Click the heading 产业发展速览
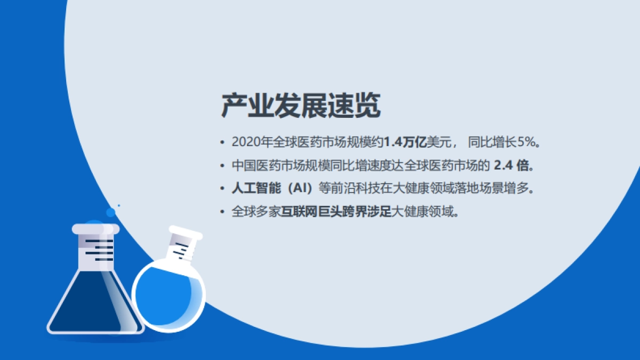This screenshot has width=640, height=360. click(301, 106)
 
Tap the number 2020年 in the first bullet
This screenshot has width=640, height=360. click(252, 142)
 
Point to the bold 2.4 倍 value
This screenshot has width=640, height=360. click(512, 165)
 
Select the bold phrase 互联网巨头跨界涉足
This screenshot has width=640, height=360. click(337, 211)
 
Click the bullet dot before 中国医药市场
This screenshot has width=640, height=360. click(222, 166)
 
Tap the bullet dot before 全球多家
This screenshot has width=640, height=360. click(222, 212)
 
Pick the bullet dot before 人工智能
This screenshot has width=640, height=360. click(222, 189)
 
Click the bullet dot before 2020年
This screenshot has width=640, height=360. click(222, 143)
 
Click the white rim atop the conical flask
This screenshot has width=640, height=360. click(95, 229)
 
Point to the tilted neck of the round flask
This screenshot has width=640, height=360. click(183, 246)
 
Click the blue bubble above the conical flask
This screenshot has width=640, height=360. click(110, 212)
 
